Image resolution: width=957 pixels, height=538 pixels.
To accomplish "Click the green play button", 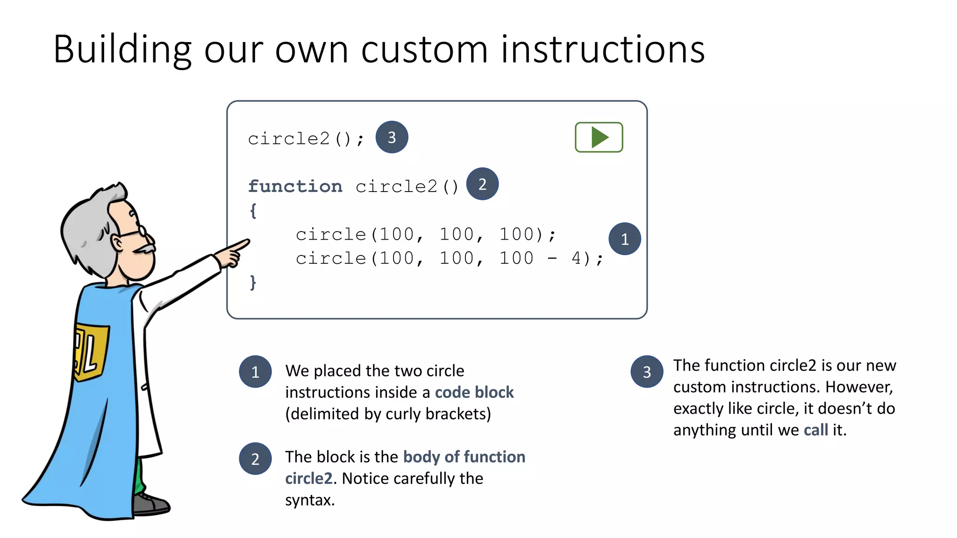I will coord(599,137).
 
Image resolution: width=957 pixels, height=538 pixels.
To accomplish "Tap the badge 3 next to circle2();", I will coord(392,137).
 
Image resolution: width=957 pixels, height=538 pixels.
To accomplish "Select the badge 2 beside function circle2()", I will coord(482,184).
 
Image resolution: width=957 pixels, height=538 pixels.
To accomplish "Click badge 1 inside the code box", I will coord(624,239).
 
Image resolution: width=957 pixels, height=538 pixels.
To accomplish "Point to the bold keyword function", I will coord(295,186).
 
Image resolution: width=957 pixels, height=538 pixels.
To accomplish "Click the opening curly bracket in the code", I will coord(253,211).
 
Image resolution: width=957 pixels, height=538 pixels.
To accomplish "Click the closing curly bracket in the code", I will coord(253,282).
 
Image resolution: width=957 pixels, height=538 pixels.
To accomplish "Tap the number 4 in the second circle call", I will coord(577,258).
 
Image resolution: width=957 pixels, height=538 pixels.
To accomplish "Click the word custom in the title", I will coord(424,50).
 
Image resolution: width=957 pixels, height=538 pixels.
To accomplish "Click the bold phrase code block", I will coord(474,392).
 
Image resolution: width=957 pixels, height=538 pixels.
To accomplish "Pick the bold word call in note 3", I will coord(815,430).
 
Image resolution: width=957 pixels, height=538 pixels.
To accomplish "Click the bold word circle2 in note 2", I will coord(309,478).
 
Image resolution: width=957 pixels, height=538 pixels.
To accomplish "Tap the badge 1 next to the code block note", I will coord(255,372).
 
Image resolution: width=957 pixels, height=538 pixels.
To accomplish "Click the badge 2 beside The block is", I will coord(255,459).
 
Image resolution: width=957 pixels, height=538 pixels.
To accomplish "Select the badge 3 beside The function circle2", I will coord(647,372).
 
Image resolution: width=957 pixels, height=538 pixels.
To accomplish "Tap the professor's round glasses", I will coord(140,231).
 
